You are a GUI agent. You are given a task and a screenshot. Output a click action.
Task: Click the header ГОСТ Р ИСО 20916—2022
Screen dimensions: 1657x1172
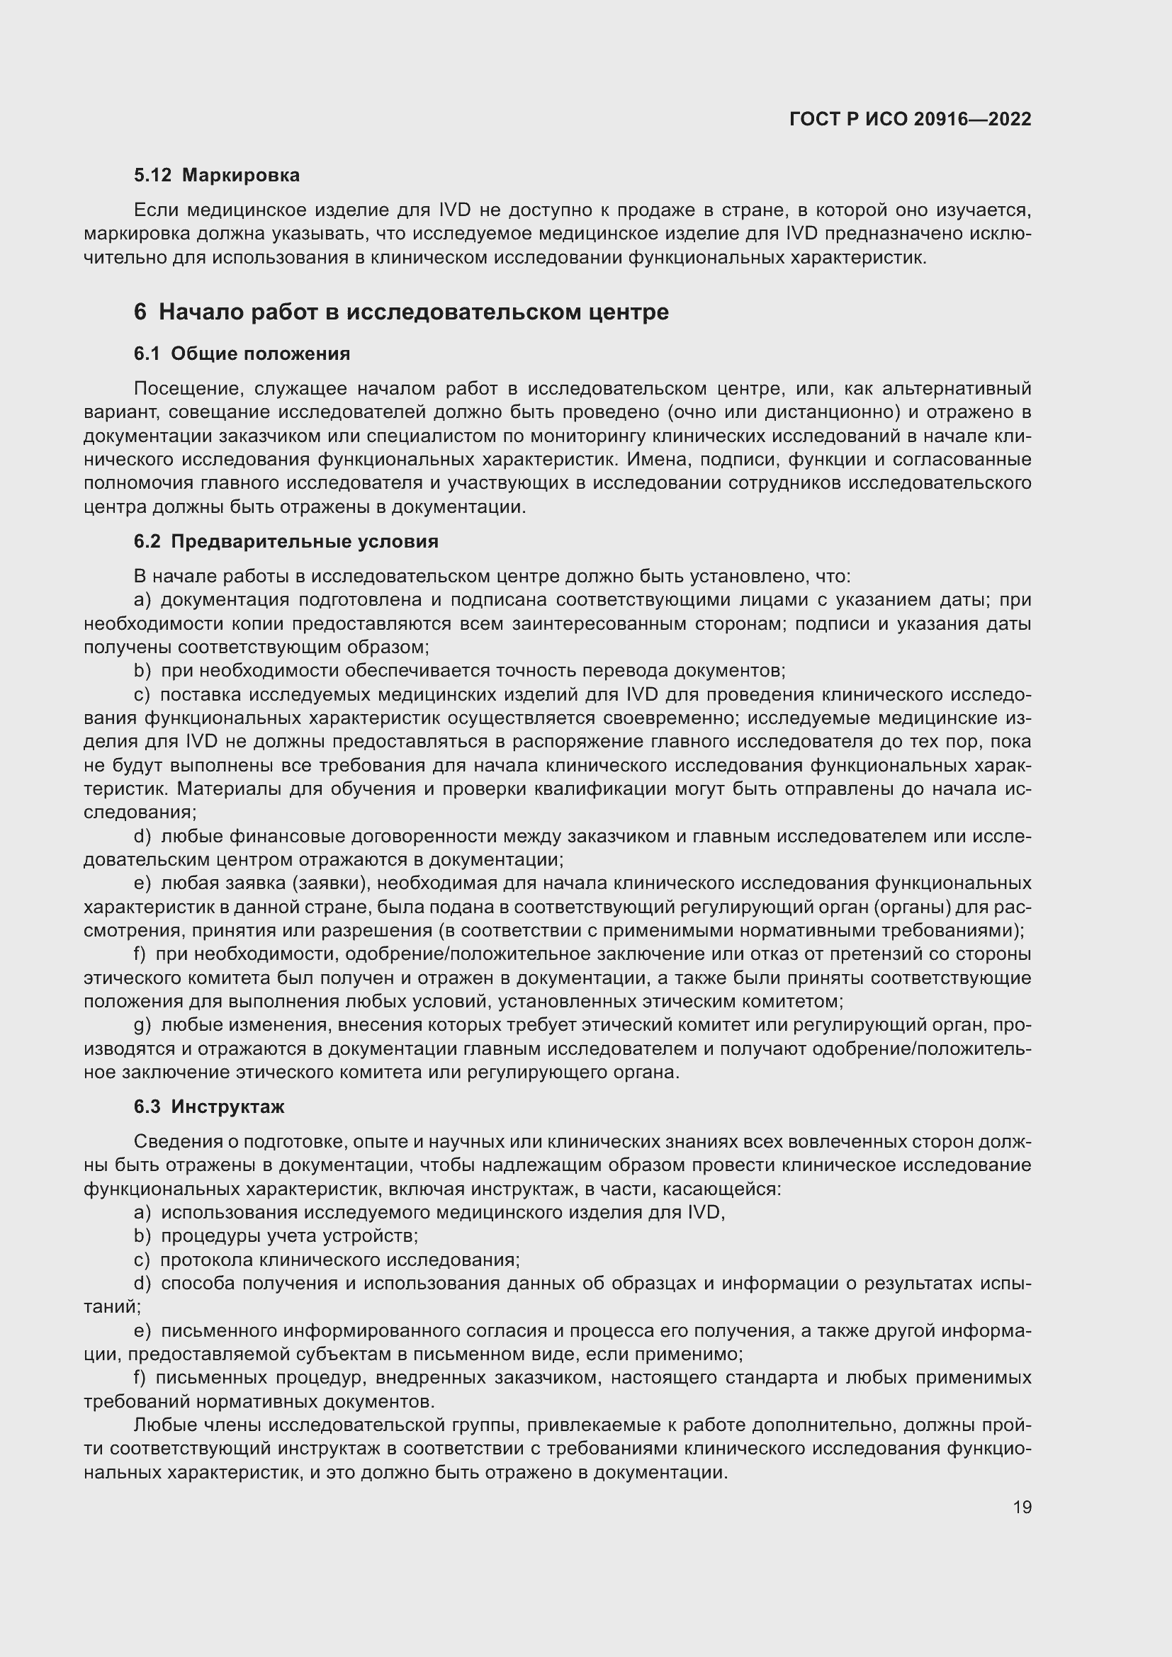tap(910, 119)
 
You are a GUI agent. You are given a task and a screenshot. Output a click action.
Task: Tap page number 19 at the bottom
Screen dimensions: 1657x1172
tap(1022, 1507)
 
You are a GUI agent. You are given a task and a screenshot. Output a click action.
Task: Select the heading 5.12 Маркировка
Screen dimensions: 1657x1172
tap(217, 176)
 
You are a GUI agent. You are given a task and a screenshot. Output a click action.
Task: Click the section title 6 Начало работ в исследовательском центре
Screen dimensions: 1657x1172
tap(401, 312)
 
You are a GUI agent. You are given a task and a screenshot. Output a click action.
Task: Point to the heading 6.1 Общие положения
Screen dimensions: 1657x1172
tap(242, 354)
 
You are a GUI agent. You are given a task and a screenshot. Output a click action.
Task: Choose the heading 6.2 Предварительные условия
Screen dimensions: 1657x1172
tap(286, 541)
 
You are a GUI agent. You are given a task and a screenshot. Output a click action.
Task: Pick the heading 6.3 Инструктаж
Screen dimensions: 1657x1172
tap(209, 1107)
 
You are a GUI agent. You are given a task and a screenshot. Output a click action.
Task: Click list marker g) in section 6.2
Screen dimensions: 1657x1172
tap(142, 1026)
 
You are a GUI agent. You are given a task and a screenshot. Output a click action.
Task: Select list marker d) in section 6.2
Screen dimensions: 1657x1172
tap(142, 837)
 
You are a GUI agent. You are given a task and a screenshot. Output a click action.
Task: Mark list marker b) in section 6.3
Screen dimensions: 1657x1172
tap(142, 1236)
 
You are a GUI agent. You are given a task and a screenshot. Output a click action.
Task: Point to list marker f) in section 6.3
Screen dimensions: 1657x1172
tap(140, 1378)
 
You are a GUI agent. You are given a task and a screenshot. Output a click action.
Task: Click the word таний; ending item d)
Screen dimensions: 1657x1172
tap(112, 1306)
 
